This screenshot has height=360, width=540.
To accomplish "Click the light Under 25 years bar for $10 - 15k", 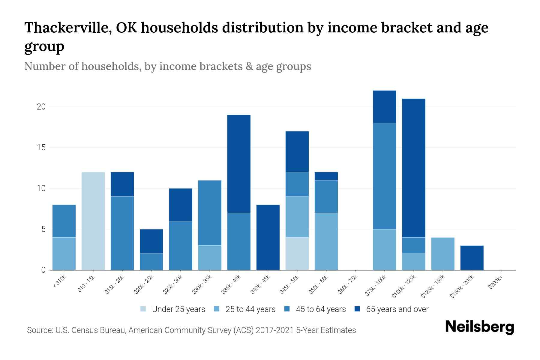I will [93, 221].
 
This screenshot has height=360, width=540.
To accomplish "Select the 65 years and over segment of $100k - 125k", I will [414, 168].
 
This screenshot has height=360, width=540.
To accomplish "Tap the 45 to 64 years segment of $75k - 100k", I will [385, 176].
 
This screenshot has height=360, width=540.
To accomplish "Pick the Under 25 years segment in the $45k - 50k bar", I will [297, 254].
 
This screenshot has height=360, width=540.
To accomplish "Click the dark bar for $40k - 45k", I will [268, 237].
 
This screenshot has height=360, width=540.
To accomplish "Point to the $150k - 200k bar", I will [472, 258].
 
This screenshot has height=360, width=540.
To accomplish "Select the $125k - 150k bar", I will [443, 254].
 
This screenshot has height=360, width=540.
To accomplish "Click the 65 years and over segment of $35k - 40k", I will [239, 164].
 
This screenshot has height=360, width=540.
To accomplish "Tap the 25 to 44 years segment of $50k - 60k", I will [326, 241].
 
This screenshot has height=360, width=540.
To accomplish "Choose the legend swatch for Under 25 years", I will [143, 309].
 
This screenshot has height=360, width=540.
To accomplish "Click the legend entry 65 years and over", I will [397, 309].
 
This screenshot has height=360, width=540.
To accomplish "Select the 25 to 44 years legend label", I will [250, 309].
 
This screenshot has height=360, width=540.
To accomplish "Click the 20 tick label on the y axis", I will [41, 107].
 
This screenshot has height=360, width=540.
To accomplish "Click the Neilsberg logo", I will [479, 327].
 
